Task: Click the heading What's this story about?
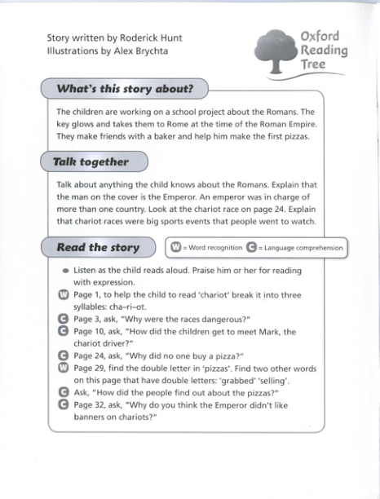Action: (x=124, y=88)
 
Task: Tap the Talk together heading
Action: (x=91, y=161)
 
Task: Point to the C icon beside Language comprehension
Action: (x=251, y=248)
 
